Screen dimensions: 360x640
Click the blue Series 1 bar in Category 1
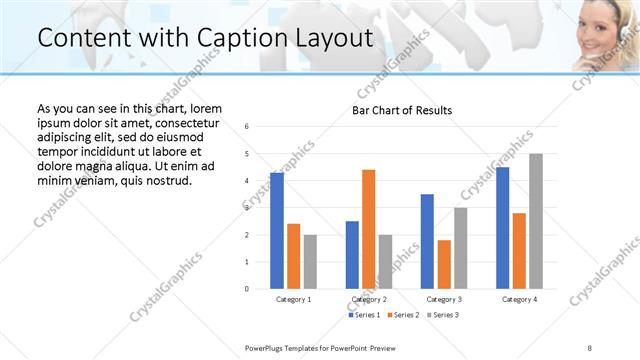277,230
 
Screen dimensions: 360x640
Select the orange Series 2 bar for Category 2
369,229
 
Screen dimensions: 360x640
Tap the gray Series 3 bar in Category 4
536,221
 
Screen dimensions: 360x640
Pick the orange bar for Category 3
444,264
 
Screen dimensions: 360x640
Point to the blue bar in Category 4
502,228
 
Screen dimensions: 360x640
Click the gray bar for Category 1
311,262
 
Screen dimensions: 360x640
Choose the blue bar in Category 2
352,255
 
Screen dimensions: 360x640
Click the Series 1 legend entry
364,315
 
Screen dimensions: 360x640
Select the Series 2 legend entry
404,315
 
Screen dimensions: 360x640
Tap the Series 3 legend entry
444,315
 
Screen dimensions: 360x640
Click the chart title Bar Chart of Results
402,110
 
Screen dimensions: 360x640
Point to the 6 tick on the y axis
247,126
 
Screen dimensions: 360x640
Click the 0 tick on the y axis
247,289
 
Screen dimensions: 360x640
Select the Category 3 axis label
444,299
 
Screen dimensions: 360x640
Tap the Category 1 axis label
294,299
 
